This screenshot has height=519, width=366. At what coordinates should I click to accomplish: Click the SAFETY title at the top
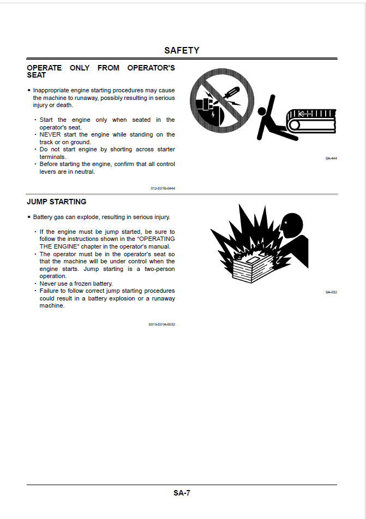[182, 50]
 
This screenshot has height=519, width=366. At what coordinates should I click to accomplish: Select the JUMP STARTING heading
[56, 202]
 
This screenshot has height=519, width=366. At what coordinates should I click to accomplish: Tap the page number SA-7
[182, 493]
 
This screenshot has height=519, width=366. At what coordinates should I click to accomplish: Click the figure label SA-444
[331, 158]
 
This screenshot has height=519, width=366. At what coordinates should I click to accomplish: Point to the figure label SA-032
[331, 292]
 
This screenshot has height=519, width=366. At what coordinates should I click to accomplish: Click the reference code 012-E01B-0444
[163, 188]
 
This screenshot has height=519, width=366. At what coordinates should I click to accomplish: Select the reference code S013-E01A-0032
[161, 325]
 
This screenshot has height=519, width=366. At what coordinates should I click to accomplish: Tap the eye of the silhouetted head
[286, 223]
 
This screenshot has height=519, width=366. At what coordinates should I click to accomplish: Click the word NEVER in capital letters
[50, 134]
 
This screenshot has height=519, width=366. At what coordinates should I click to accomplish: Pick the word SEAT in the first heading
[37, 75]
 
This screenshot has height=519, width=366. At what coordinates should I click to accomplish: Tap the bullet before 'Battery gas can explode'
[29, 217]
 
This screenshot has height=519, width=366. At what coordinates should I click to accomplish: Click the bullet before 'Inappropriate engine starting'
[29, 91]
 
